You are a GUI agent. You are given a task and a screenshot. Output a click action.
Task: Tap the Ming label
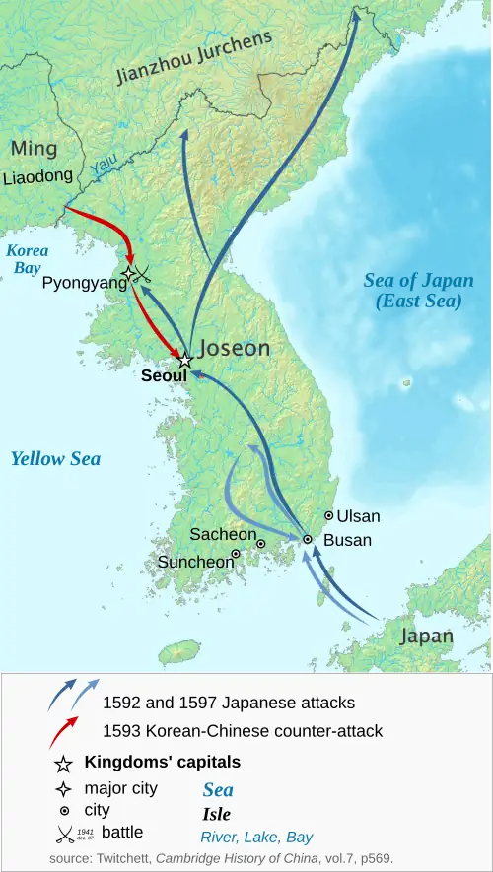34,149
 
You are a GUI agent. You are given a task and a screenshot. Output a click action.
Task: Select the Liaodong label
37,177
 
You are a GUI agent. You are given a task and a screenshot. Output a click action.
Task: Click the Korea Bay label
28,259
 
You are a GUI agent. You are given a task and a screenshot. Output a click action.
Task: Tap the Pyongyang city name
85,283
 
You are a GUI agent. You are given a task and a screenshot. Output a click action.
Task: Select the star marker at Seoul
184,362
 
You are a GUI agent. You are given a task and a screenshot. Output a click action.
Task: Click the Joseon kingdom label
235,349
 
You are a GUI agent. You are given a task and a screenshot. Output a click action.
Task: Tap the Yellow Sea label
55,458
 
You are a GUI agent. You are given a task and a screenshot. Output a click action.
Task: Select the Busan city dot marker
307,539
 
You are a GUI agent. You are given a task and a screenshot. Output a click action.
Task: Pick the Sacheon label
223,534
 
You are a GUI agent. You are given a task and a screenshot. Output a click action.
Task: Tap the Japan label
426,636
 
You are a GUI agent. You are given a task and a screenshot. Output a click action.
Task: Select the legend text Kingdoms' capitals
163,762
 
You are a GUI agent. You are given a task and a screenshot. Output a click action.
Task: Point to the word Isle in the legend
216,814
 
